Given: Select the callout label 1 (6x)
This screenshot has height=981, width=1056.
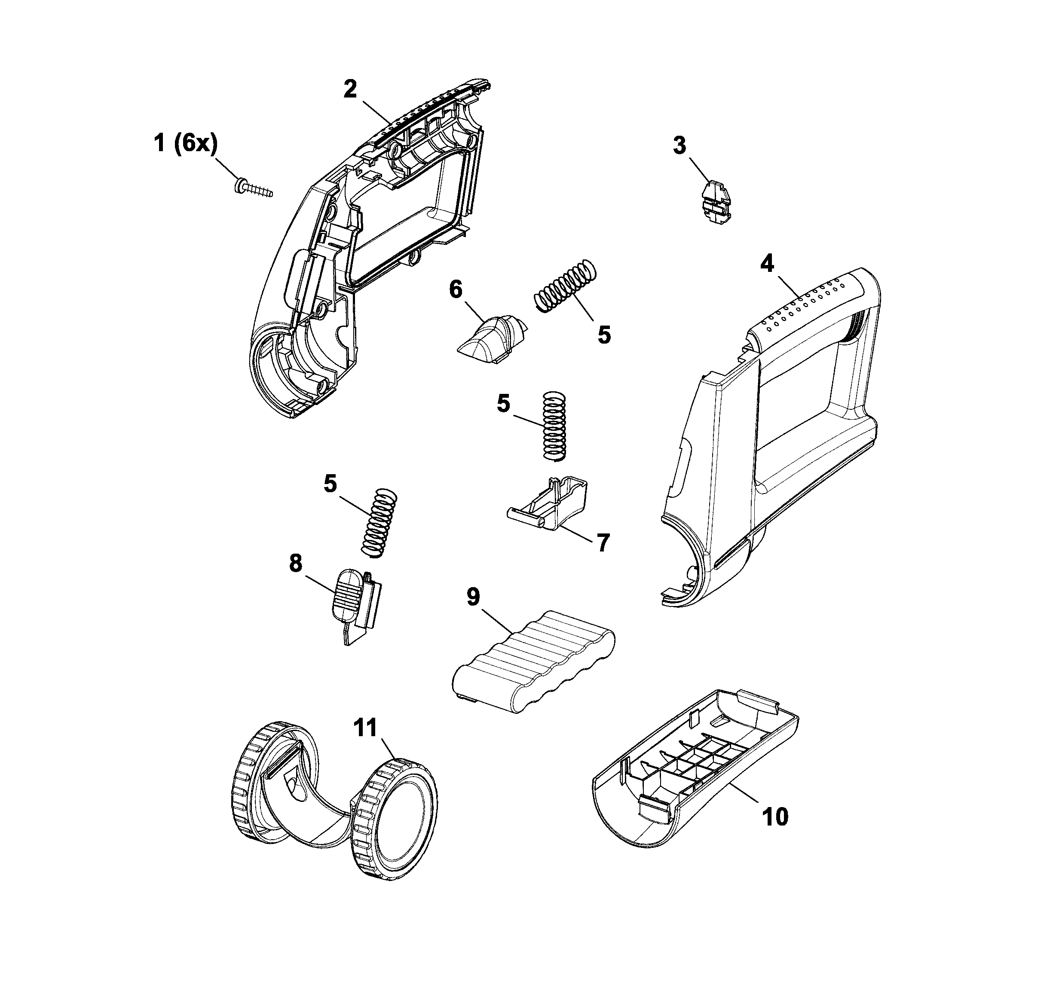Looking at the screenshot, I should pyautogui.click(x=185, y=143).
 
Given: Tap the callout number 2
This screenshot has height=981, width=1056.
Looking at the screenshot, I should pyautogui.click(x=350, y=89).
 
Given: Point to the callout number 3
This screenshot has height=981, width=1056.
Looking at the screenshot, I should pyautogui.click(x=680, y=146).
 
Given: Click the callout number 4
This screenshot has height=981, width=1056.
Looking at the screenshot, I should pyautogui.click(x=767, y=264).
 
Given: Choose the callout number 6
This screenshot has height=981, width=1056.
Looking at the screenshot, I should pyautogui.click(x=456, y=290).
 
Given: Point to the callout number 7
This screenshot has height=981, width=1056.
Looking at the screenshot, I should pyautogui.click(x=603, y=542).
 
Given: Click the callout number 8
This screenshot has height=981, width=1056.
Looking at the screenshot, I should pyautogui.click(x=295, y=563).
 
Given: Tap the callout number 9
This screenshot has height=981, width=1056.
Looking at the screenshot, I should pyautogui.click(x=473, y=597).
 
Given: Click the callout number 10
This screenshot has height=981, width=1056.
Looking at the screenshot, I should pyautogui.click(x=775, y=817).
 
